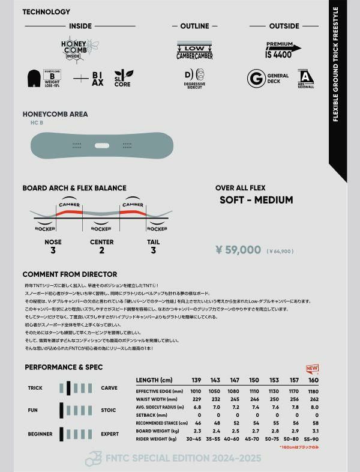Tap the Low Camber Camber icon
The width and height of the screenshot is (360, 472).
pos(194,50)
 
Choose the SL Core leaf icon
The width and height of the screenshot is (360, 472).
pos(124,78)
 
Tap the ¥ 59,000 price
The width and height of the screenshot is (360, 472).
pos(238,250)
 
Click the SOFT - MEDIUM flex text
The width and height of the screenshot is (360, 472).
pos(256,200)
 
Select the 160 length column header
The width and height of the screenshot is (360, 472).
pos(313,380)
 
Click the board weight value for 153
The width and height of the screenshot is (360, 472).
pos(274,431)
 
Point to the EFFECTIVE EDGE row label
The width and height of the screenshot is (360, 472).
pos(156,390)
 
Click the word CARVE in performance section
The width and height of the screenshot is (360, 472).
pos(109,388)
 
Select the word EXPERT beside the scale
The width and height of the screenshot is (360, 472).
pos(110,434)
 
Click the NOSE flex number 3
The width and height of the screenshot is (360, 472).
pos(53,250)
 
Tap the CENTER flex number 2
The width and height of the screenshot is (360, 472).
pos(102,250)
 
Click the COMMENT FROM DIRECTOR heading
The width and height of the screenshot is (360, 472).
pos(70,274)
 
